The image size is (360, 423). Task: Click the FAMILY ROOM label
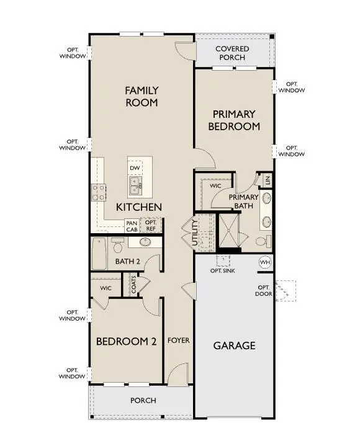[x=142, y=96]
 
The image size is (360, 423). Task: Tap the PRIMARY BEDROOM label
[x=234, y=120]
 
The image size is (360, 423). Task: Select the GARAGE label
[x=234, y=345]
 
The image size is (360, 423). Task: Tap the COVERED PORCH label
[x=232, y=53]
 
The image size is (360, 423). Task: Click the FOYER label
[x=178, y=341]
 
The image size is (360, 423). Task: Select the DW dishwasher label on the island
[x=134, y=168]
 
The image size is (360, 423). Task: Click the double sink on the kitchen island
[x=136, y=184]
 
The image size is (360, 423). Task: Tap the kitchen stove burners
[x=99, y=191]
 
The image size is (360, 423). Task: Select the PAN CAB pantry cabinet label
[x=132, y=226]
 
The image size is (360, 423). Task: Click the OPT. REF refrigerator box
[x=151, y=225]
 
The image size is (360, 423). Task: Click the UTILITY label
[x=195, y=233]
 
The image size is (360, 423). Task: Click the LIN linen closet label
[x=268, y=180]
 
